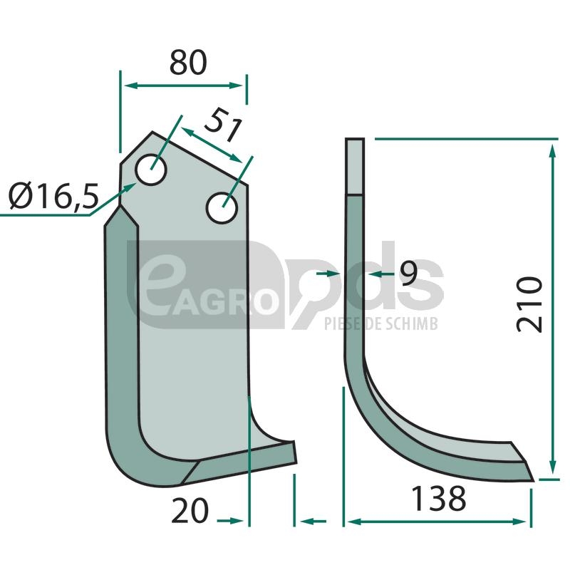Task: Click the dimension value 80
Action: pos(188,63)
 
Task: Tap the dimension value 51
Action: pos(223,125)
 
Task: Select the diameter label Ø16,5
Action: pos(53,196)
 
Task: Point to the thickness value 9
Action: pos(408,273)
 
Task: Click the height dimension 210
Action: pos(529,304)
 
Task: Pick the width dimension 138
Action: pos(438,498)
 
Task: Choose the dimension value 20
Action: pos(190,510)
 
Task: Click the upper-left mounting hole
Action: pos(151,170)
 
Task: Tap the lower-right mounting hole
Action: pos(222,208)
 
